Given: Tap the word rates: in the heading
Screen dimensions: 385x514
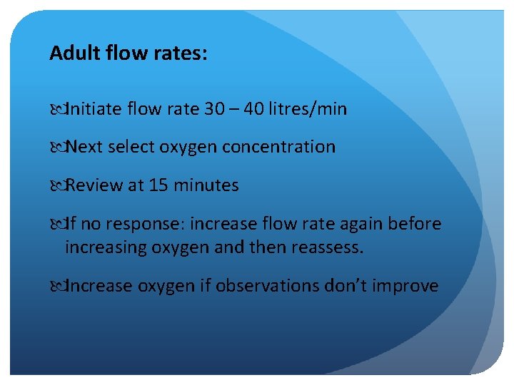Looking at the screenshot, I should click(182, 53).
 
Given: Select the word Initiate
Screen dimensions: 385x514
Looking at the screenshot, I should click(91, 109).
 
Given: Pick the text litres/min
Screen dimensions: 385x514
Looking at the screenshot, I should click(313, 109).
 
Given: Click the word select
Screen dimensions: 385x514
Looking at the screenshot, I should click(133, 147).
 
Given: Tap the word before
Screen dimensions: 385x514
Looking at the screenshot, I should click(414, 224).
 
